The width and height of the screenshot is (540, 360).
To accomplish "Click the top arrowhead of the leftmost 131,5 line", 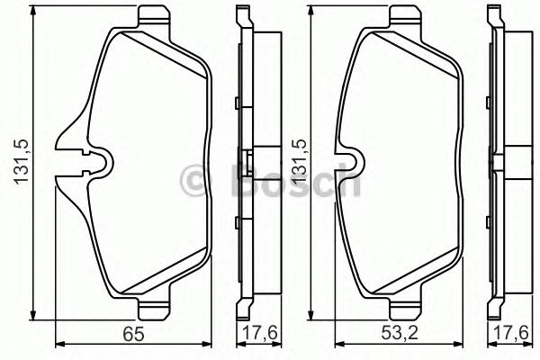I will (33, 12).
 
